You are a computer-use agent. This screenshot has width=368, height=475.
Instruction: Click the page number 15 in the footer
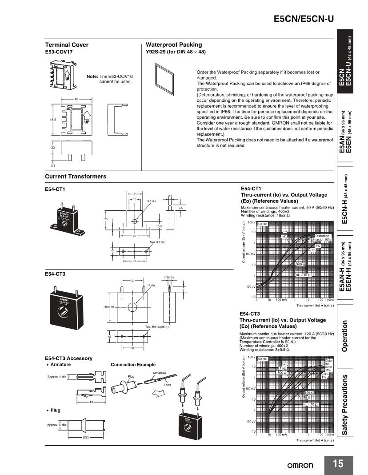point(338,464)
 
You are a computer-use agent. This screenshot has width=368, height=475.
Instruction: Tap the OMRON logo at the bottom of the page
point(300,465)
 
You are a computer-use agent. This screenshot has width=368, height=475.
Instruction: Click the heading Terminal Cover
point(67,44)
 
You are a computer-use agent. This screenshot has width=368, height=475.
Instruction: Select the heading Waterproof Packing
point(174,44)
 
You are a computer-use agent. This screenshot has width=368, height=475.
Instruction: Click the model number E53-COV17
point(59,52)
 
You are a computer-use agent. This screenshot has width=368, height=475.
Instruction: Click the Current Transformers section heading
point(76,177)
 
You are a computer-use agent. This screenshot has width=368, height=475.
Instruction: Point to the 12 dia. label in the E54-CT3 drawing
point(151,285)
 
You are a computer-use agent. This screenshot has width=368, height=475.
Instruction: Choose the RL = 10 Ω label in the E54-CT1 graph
point(303,275)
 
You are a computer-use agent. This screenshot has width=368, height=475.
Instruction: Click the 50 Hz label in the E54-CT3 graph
point(262,358)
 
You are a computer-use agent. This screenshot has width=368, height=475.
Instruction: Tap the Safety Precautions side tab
point(345,405)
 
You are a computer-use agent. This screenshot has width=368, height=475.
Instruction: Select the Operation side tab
point(345,336)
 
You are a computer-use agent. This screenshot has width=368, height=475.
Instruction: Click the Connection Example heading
point(133,365)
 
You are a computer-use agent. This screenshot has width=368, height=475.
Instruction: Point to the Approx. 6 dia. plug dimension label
point(57,425)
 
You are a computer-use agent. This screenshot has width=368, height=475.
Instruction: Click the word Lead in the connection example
point(167,385)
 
